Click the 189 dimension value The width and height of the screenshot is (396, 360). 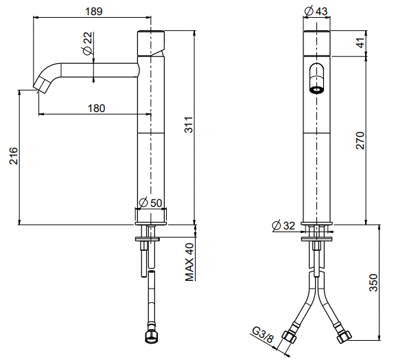pyautogui.click(x=94, y=11)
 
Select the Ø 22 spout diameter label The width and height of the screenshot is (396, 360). pyautogui.click(x=87, y=43)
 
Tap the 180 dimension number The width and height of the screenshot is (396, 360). pyautogui.click(x=96, y=108)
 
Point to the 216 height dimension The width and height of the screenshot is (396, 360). pyautogui.click(x=14, y=156)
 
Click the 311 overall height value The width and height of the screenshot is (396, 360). pyautogui.click(x=189, y=124)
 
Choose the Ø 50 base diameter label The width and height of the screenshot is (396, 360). pyautogui.click(x=150, y=203)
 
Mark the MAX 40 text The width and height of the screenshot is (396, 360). pyautogui.click(x=189, y=262)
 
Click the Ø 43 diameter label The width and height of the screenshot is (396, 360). pyautogui.click(x=316, y=11)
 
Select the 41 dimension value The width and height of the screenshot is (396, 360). pyautogui.click(x=361, y=43)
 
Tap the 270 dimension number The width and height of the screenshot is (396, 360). pyautogui.click(x=360, y=140)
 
